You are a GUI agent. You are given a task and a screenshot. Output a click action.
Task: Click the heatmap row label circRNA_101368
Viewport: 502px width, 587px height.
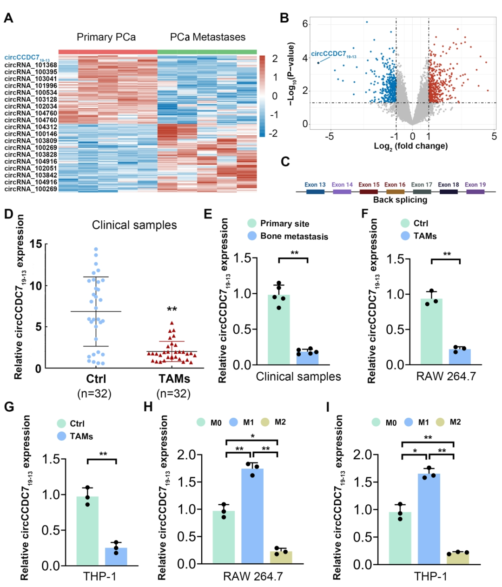coord(31,66)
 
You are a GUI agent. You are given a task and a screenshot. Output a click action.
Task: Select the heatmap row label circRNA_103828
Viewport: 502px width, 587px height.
coord(31,155)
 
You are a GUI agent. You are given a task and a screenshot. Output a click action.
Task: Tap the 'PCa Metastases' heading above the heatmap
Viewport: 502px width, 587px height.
coord(207,37)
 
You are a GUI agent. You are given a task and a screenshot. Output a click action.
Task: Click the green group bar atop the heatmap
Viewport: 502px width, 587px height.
coord(207,52)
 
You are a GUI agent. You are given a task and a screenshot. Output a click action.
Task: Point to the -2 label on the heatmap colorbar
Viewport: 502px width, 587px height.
coord(274,133)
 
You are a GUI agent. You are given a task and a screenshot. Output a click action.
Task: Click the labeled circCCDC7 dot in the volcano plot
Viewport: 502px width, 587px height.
coord(318,63)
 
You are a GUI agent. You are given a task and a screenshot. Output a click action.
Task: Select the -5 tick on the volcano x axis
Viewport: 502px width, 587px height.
coord(330,137)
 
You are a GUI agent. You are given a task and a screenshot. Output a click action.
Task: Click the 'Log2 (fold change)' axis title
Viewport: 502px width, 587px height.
coord(411,146)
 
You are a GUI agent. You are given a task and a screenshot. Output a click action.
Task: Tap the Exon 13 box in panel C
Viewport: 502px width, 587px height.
coord(315,191)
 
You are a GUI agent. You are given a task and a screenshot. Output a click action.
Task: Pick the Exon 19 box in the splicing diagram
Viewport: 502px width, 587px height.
coord(475,191)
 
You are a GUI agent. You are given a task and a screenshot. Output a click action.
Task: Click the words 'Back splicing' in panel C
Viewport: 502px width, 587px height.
coord(400,200)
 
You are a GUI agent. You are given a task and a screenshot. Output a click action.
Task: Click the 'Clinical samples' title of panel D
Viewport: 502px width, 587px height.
coord(134,225)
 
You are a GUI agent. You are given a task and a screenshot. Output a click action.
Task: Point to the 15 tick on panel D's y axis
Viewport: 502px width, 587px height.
coord(36,244)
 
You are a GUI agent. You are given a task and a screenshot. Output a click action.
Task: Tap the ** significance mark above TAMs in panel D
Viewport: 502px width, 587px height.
coord(172,310)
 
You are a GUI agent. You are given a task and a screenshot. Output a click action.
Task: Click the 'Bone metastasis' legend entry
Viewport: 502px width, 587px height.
coord(294,236)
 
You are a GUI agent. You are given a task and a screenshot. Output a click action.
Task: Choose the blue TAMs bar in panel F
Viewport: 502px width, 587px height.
coord(460,356)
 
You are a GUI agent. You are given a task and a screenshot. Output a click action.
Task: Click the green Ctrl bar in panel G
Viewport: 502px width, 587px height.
coord(87,531)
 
